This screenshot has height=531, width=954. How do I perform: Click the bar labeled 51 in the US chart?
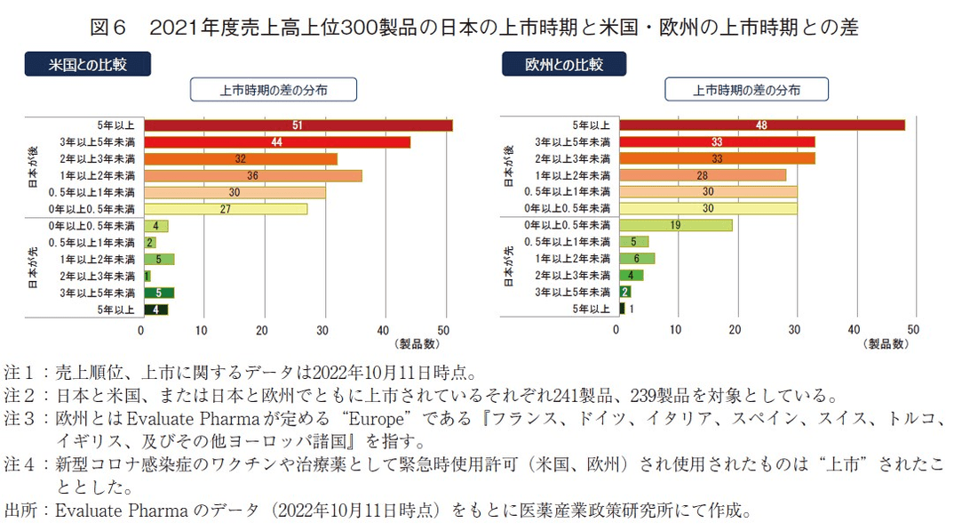298,125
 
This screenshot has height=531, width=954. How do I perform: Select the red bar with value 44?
276,142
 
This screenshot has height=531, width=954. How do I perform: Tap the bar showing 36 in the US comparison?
252,175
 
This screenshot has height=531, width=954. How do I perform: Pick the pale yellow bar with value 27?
225,209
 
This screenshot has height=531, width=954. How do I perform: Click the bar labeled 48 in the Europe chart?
762,125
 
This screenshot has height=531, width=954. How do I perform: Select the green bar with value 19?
676,225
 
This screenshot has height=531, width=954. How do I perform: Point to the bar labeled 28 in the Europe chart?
703,175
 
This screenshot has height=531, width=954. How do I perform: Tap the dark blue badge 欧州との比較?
564,64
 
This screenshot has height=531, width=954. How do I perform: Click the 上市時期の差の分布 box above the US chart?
274,89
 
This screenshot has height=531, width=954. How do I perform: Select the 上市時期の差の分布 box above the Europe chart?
746,89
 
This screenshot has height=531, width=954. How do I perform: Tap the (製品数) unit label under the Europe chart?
886,343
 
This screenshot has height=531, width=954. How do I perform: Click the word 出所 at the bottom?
22,511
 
